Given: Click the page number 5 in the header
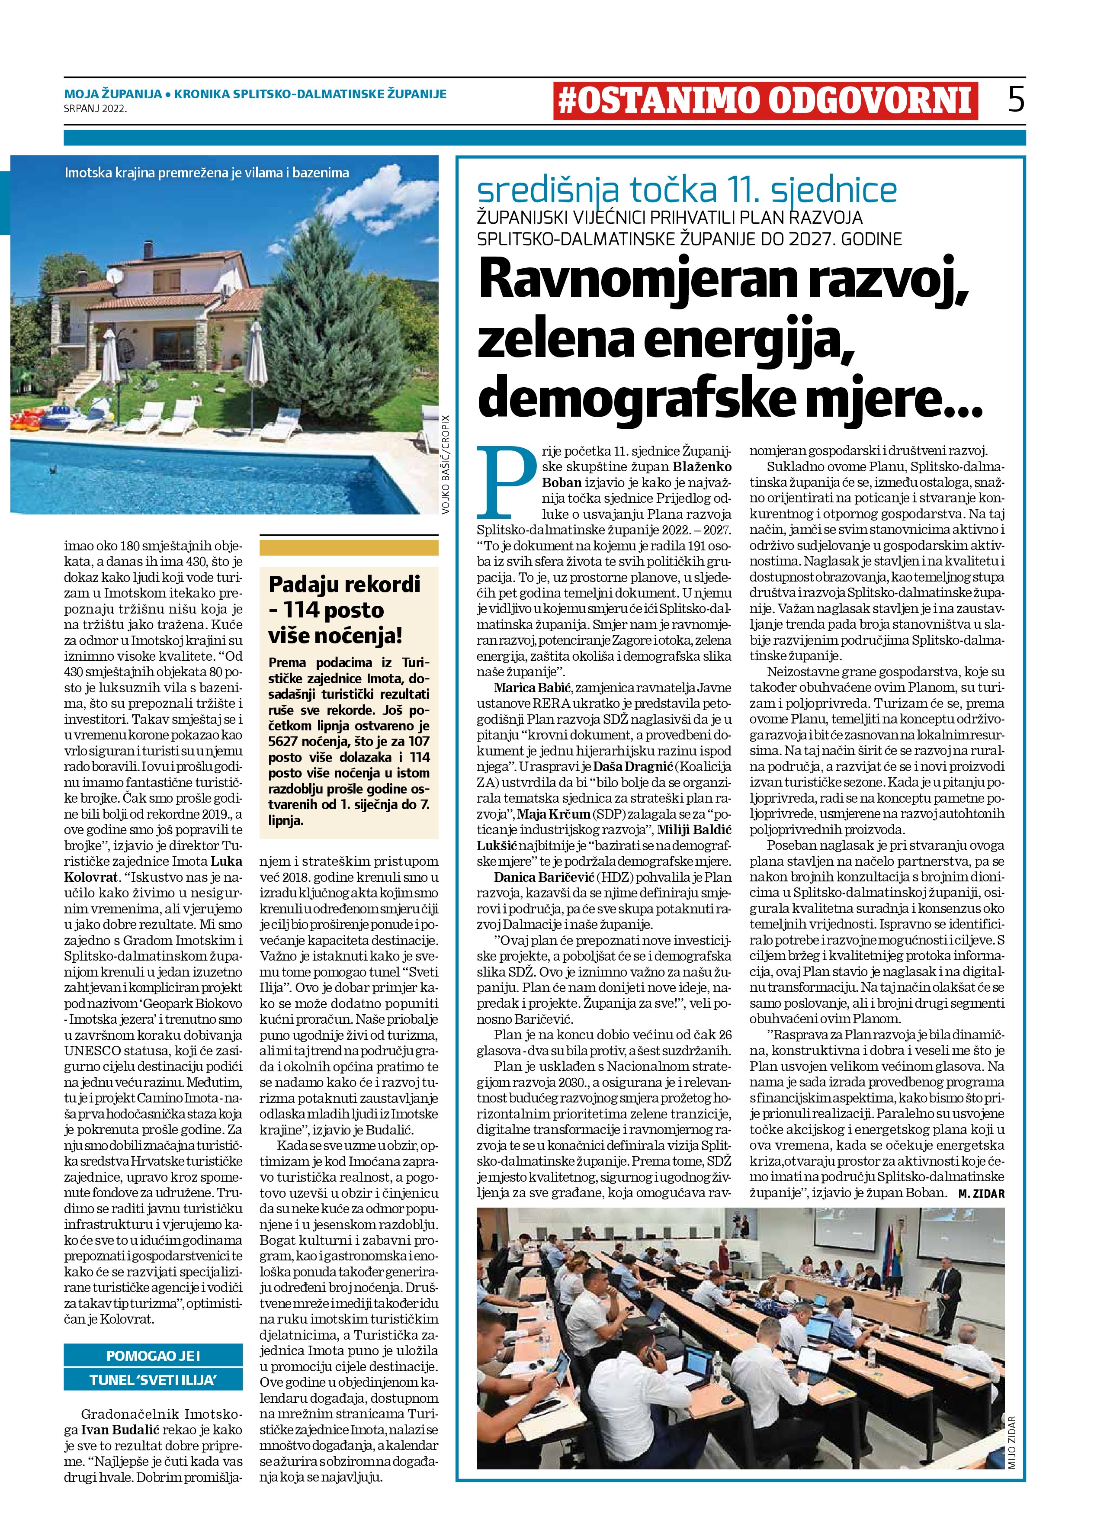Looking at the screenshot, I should coord(1016,100).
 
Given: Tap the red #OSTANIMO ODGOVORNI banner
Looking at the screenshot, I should coord(765,101).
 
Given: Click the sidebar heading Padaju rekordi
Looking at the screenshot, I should coord(345,584).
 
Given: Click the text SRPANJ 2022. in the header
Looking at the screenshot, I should coord(95,107).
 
